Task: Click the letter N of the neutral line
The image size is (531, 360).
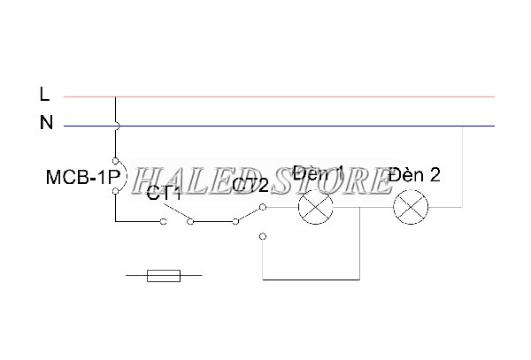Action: [x=46, y=124]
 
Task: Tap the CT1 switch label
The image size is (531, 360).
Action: [x=165, y=192]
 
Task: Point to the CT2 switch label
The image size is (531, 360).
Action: [x=250, y=185]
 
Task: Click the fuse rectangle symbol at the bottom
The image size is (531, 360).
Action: [x=164, y=277]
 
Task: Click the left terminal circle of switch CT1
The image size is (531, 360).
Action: [x=163, y=221]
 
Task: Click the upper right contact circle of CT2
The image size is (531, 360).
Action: [x=264, y=208]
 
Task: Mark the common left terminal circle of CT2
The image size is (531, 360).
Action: [x=235, y=221]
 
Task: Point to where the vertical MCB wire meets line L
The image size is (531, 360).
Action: [x=115, y=96]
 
